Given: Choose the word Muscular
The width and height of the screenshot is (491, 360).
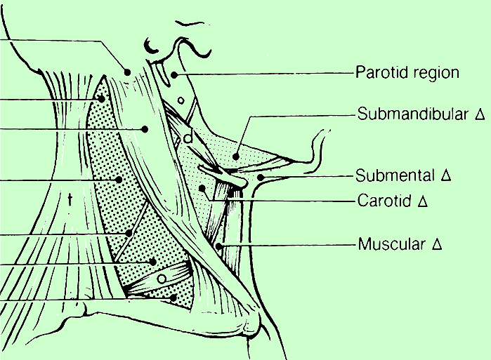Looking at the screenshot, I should pos(388,245).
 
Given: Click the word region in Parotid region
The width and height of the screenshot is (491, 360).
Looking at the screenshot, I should pos(436,73).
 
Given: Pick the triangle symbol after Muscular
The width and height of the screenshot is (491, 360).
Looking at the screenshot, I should pos(436,245).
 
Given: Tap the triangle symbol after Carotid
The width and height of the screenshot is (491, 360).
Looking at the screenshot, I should pos(423,201).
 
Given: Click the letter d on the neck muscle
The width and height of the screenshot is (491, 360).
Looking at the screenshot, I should pos(188,138).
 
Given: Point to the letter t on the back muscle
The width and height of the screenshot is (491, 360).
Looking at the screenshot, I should pos(70,200).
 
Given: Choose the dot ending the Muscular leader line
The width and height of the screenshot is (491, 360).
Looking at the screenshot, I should pos(218,246).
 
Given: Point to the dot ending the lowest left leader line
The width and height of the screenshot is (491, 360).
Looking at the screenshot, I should pos(173,298).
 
